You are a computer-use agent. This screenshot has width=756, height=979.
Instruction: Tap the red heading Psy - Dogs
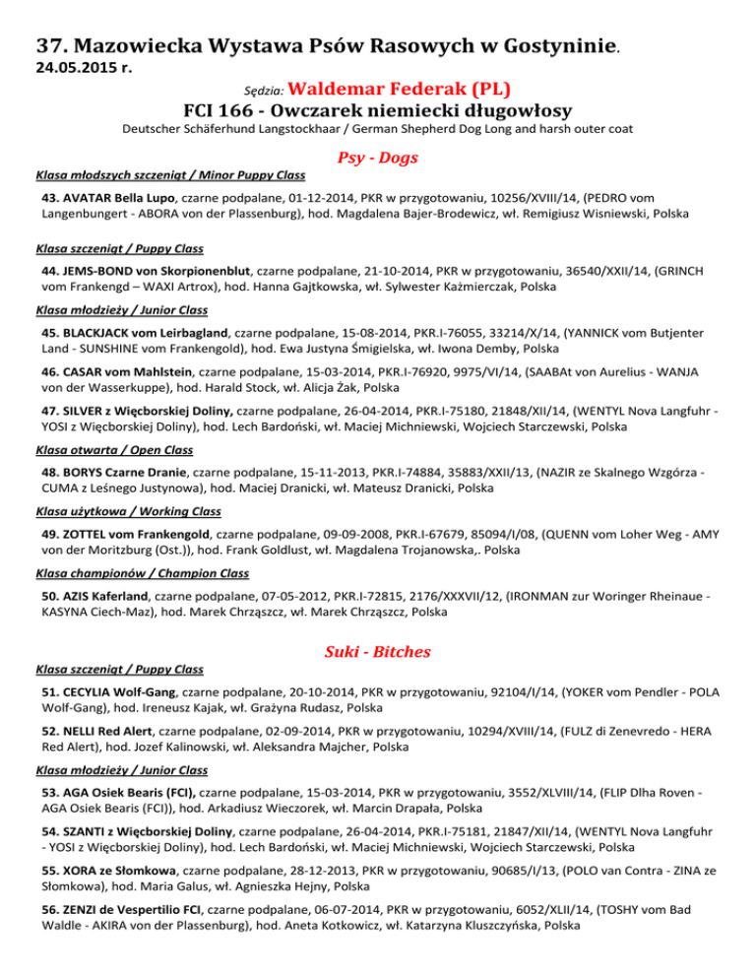[377, 158]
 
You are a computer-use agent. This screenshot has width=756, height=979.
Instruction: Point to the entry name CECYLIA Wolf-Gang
[122, 691]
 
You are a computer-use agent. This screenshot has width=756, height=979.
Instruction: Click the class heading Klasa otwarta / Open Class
[124, 460]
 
